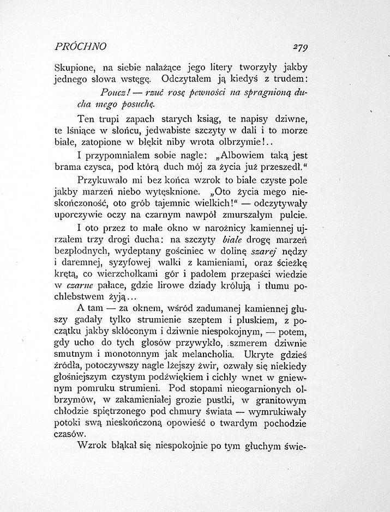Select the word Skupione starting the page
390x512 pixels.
point(75,69)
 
